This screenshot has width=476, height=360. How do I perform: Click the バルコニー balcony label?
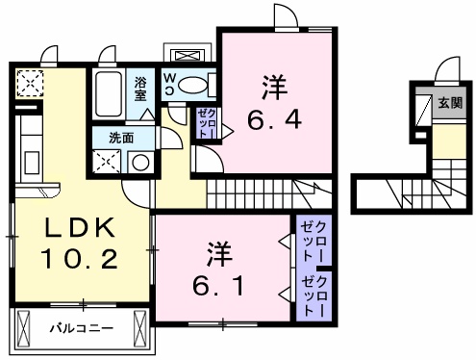click(82, 329)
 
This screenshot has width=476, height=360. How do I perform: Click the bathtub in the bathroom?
click(110, 94)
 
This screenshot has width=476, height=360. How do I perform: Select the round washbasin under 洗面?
click(140, 161)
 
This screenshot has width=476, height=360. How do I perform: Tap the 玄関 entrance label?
click(451, 103)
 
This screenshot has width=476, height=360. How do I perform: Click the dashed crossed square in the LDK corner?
click(29, 85)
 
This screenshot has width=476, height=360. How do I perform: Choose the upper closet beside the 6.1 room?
click(314, 241)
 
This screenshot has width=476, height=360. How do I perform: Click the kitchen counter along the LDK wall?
click(27, 149)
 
